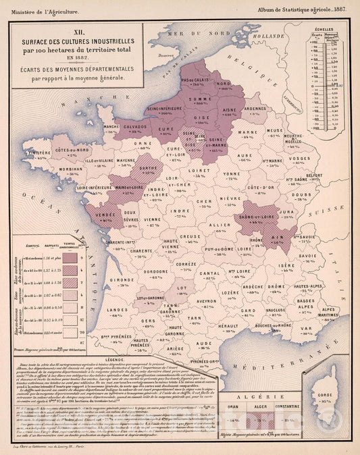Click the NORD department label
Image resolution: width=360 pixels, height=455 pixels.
click(223, 84)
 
